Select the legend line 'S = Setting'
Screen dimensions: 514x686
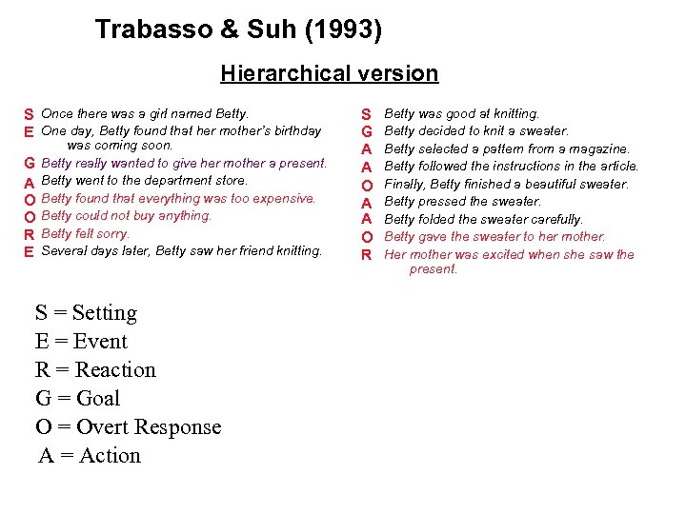tap(86, 313)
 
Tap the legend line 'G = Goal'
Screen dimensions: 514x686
tap(77, 399)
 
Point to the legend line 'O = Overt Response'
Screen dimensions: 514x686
tap(128, 427)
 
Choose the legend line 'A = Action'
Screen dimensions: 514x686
tap(90, 456)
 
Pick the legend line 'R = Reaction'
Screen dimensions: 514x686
tap(95, 370)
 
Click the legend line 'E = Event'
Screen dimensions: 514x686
tap(81, 342)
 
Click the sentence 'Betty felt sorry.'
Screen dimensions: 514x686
tap(86, 233)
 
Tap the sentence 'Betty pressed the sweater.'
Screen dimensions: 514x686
tap(462, 202)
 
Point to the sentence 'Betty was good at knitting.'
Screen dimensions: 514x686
tap(461, 114)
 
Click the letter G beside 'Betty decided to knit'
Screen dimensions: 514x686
tap(366, 131)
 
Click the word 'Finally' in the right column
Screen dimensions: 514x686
tap(404, 185)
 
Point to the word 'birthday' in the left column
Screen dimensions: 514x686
tap(296, 131)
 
